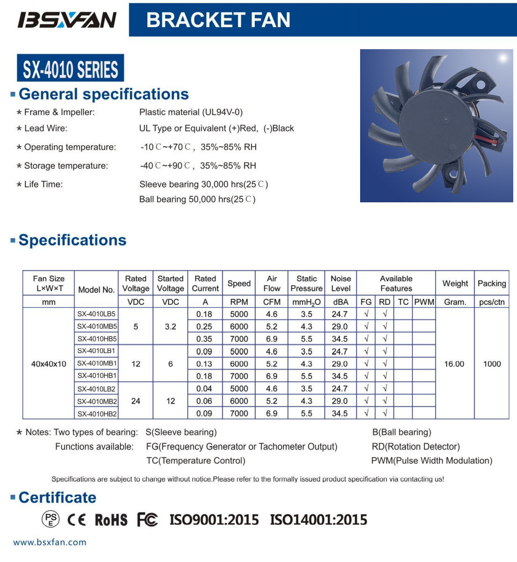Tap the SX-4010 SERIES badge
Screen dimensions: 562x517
point(70,68)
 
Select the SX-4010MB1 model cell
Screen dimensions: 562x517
point(97,363)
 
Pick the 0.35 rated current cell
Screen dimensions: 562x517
point(205,339)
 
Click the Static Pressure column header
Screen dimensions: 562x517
point(306,283)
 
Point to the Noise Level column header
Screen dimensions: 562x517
point(340,283)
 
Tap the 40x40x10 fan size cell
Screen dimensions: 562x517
point(49,364)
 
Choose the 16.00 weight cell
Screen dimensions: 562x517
point(454,364)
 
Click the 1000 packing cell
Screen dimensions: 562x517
point(492,364)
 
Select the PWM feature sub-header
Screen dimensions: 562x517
point(424,302)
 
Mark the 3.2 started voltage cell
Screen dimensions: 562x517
point(170,326)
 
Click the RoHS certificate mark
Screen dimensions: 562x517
point(111,520)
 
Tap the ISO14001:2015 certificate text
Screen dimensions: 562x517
point(318,519)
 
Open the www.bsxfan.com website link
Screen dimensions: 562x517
point(50,542)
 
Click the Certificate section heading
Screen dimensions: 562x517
point(57,497)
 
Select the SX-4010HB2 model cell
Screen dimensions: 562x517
point(97,414)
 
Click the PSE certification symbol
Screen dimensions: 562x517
point(51,519)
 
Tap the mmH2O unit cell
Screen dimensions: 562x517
point(306,302)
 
